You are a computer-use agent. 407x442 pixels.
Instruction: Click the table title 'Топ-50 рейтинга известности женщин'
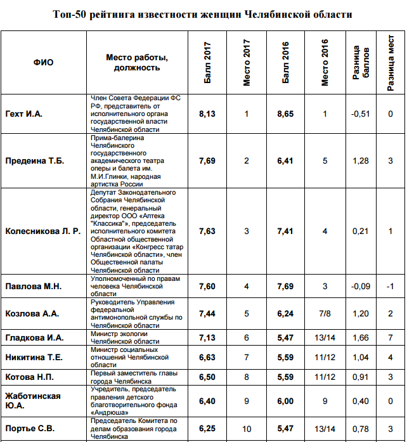pos(202,14)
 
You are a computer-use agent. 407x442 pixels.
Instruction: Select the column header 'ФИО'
pos(43,62)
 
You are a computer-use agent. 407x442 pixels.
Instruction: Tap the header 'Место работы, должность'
pos(138,62)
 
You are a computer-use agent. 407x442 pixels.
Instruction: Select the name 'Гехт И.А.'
pos(23,114)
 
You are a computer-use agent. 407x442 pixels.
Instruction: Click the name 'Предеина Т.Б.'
pos(35,161)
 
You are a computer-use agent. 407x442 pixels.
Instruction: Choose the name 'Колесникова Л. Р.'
pos(43,231)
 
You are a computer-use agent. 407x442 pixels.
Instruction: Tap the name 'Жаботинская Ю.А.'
pos(33,401)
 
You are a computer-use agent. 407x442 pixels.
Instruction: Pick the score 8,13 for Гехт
pos(207,114)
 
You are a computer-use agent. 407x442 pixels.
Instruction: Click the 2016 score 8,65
pos(285,114)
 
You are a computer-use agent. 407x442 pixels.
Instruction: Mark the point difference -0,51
pos(360,114)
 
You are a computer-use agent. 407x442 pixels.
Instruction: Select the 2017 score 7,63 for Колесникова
pos(207,231)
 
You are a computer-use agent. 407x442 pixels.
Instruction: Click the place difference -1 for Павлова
pos(391,286)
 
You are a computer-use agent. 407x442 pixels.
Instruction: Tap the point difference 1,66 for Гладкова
pos(360,338)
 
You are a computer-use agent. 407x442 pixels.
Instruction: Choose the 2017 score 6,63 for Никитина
pos(207,358)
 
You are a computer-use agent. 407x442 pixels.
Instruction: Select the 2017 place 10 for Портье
pos(247,428)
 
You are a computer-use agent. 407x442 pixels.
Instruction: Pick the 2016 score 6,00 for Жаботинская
pos(285,401)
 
